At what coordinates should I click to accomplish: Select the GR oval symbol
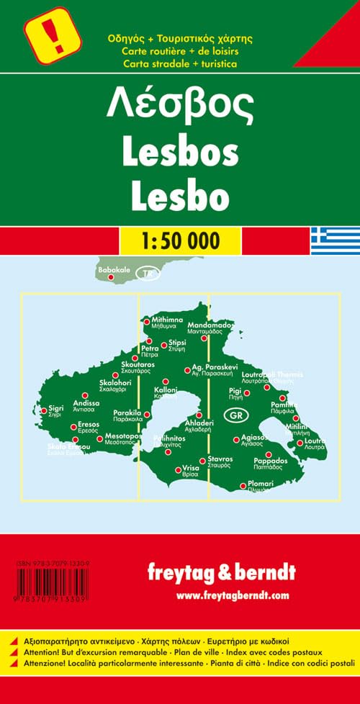pyautogui.click(x=235, y=415)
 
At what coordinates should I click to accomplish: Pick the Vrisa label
pyautogui.click(x=190, y=467)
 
